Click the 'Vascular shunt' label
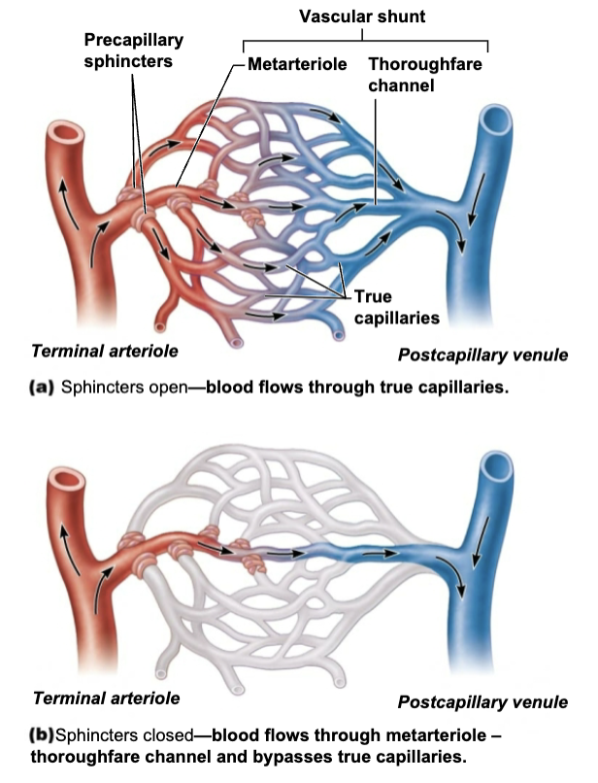pos(362,17)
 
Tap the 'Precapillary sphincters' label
pos(133,51)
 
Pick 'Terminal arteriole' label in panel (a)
pos(106,350)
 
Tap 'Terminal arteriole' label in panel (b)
pos(106,698)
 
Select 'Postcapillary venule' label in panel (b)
pos(482,701)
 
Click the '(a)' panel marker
pos(42,386)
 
